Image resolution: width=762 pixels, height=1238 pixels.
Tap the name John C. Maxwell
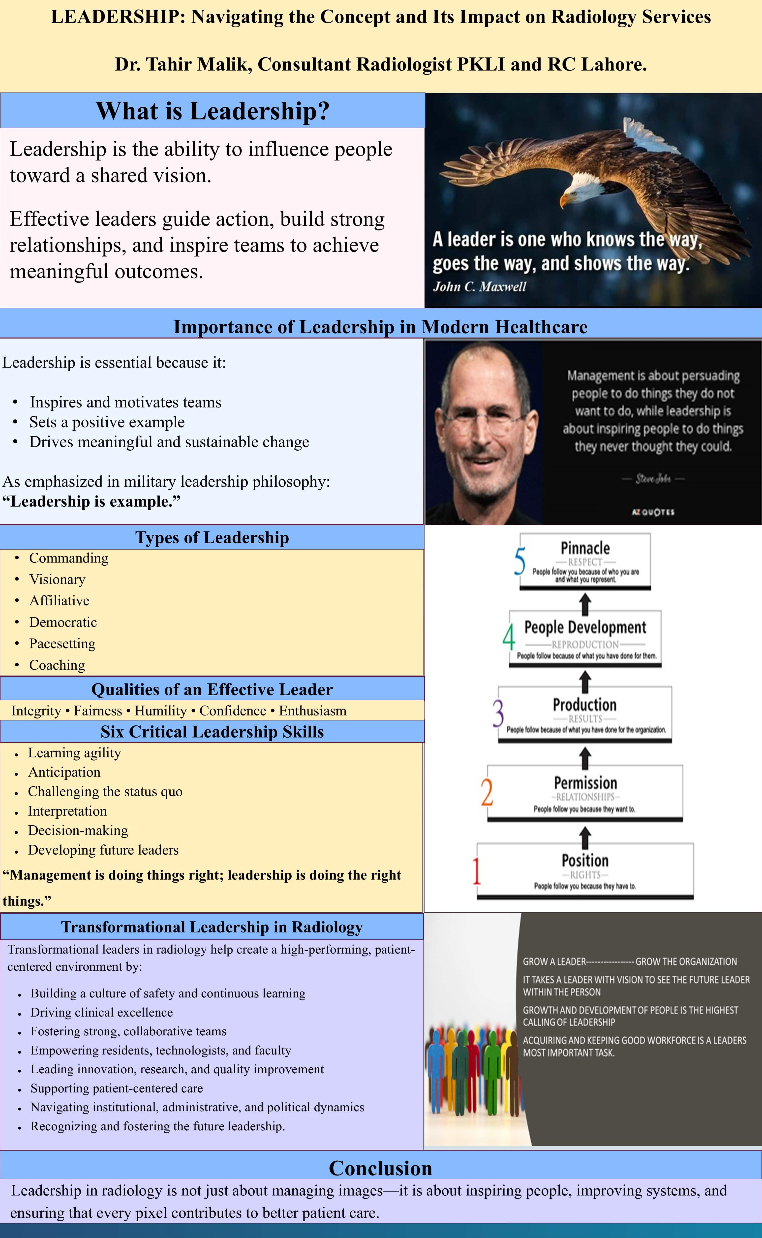tap(479, 287)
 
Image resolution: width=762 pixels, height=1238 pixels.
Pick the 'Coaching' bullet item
tap(57, 665)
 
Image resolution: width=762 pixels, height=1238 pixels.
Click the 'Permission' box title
tap(585, 782)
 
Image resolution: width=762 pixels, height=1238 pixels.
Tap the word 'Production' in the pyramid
tap(585, 704)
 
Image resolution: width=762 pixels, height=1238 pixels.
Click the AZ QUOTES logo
tap(653, 512)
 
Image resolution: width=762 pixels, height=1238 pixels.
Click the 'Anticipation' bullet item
tap(64, 773)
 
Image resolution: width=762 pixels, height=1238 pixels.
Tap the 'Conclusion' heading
tap(380, 1168)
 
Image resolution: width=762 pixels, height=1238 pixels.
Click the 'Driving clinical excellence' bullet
tap(101, 1012)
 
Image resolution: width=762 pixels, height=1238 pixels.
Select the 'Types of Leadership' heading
tap(212, 538)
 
